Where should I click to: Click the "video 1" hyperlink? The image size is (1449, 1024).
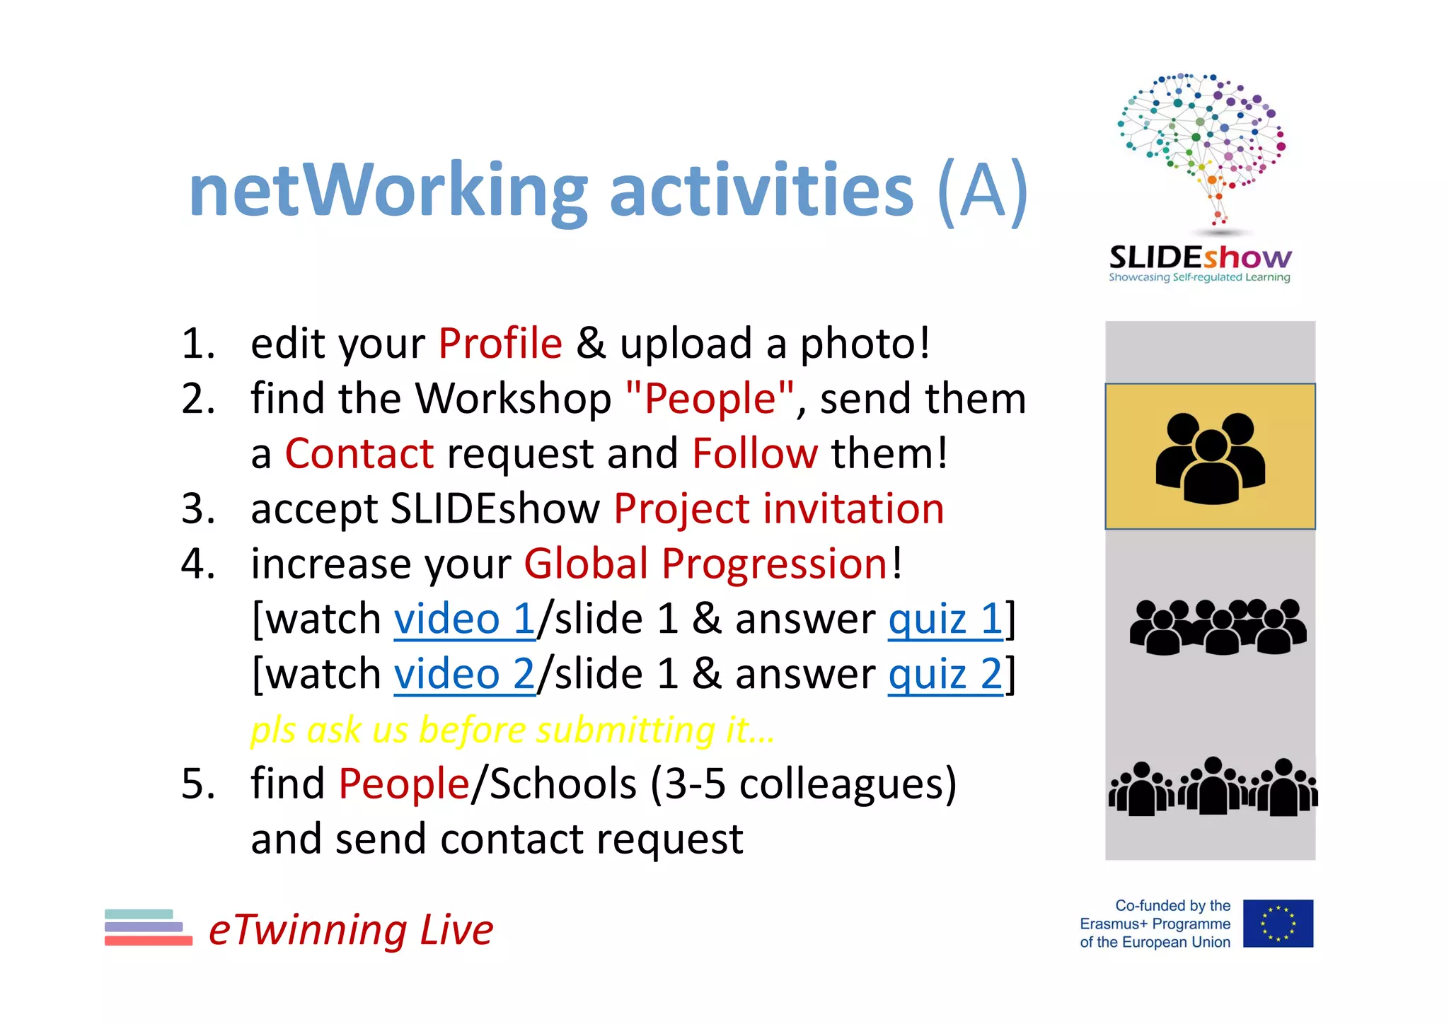click(x=464, y=619)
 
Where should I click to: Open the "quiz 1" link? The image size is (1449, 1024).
click(x=945, y=619)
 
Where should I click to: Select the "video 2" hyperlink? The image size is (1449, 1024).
click(x=464, y=674)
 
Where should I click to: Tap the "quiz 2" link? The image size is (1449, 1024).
click(x=945, y=674)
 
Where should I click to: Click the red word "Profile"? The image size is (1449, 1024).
click(x=500, y=344)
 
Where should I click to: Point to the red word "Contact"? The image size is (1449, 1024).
click(x=359, y=453)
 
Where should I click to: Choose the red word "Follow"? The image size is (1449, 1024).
click(x=755, y=453)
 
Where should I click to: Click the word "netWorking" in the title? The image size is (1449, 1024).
click(x=388, y=191)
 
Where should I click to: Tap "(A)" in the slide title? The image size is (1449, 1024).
click(x=982, y=191)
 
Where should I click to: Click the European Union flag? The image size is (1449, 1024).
click(x=1278, y=924)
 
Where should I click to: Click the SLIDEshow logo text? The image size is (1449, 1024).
click(x=1200, y=258)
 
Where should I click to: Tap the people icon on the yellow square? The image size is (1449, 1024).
click(x=1210, y=458)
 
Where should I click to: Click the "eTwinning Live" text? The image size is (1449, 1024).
click(x=351, y=929)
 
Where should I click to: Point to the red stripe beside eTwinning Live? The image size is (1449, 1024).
click(x=149, y=941)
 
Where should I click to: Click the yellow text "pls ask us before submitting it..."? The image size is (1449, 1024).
click(x=512, y=730)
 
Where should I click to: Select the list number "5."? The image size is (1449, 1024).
click(x=198, y=784)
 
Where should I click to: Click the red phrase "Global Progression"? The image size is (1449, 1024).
click(x=705, y=564)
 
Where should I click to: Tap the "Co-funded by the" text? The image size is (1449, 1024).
click(x=1172, y=906)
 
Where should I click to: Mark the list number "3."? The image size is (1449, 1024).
click(x=198, y=509)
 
